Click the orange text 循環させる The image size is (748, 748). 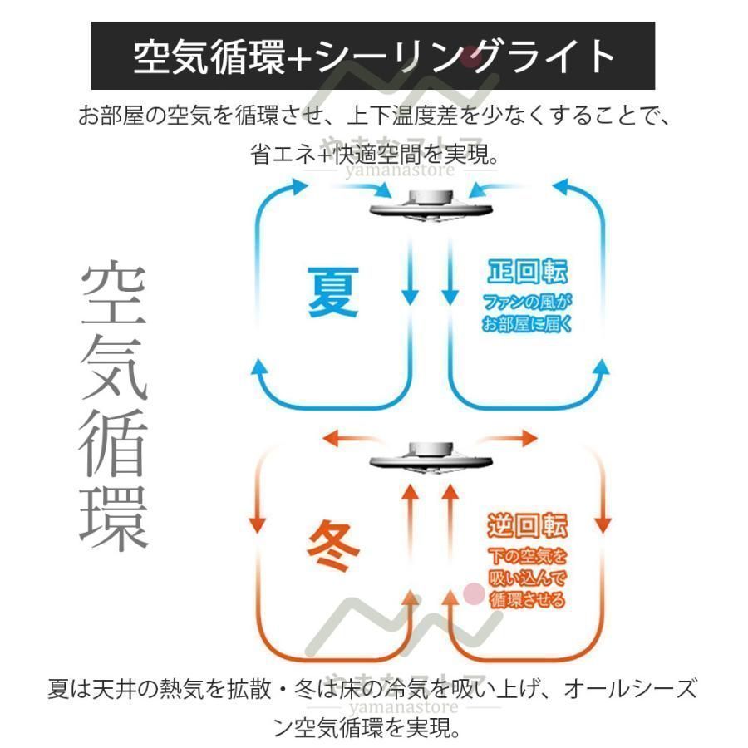click(x=527, y=599)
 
